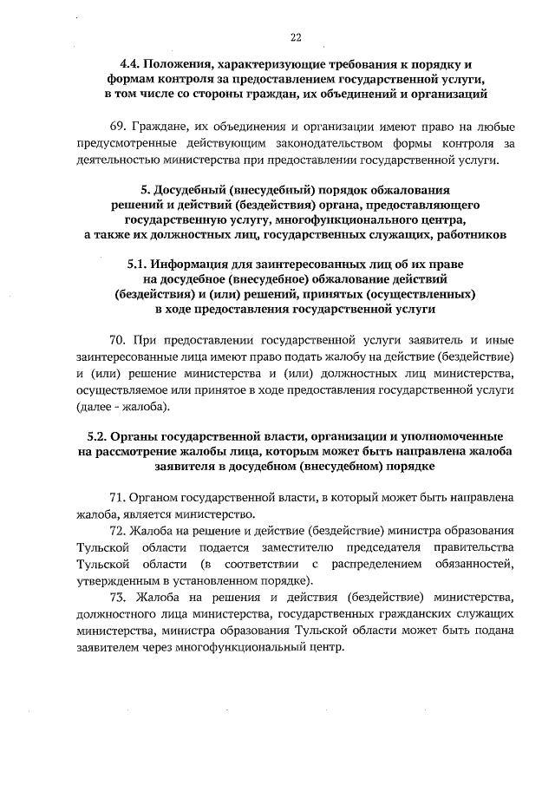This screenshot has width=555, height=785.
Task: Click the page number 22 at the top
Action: [296, 37]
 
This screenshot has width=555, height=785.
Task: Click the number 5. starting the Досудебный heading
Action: [145, 189]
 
